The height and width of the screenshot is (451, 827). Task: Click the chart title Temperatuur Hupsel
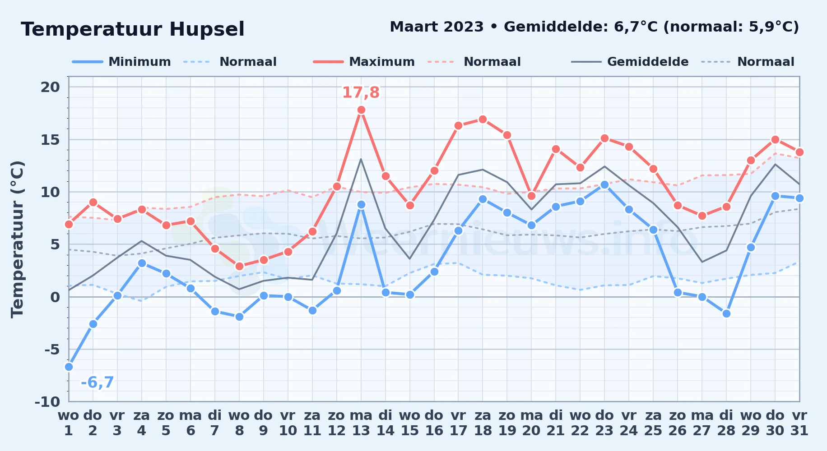point(133,29)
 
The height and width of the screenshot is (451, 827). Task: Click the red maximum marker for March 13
point(361,110)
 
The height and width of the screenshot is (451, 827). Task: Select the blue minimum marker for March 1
point(69,367)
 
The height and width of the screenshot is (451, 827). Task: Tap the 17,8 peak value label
point(361,92)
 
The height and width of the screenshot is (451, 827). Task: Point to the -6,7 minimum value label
point(98,382)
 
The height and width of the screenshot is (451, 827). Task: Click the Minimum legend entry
point(121,62)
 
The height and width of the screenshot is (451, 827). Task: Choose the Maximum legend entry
point(364,62)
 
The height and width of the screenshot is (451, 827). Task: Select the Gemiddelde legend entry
point(630,62)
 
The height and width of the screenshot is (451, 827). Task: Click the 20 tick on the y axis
point(50,87)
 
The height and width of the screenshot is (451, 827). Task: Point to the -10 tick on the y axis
point(47,401)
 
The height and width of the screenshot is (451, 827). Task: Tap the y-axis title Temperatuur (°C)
point(17,239)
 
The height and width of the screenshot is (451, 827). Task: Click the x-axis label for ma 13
point(361,423)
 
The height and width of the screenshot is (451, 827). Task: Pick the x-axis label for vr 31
point(799,423)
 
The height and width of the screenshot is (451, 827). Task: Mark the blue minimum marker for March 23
point(604,184)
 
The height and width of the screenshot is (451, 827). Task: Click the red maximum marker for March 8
point(239,266)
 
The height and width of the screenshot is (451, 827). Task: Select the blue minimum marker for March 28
point(726,313)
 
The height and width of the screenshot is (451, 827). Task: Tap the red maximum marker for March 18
point(483,119)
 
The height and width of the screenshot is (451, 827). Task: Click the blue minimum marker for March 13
point(361,204)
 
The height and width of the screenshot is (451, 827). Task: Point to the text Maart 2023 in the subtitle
point(437,27)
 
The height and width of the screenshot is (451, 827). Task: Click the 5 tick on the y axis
point(55,244)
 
